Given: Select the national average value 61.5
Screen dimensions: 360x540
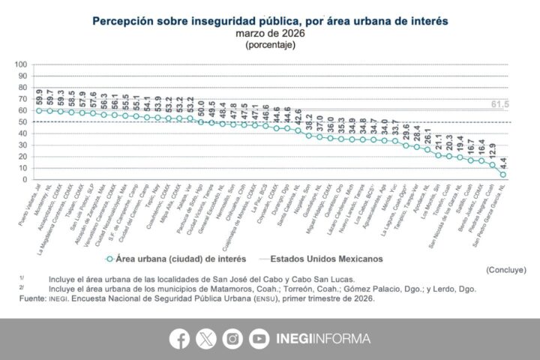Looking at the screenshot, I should [x=499, y=103].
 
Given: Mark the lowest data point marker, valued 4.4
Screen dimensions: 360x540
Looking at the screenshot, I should [x=502, y=175].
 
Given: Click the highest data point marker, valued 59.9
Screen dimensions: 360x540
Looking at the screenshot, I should [x=39, y=111].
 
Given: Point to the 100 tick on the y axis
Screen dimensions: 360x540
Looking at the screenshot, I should [x=20, y=64].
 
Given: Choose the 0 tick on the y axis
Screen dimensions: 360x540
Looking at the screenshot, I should [x=25, y=180].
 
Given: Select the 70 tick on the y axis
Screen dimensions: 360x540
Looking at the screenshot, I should [x=22, y=99].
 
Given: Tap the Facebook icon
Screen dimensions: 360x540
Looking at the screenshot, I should [x=180, y=339].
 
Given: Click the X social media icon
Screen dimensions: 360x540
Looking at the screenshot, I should [x=206, y=339].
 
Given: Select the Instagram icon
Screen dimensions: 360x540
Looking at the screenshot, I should [x=232, y=339].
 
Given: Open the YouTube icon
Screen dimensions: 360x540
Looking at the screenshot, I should [x=259, y=339].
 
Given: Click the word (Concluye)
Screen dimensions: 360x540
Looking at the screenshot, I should [x=505, y=269].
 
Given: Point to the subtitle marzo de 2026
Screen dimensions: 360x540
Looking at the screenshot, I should [x=270, y=34].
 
